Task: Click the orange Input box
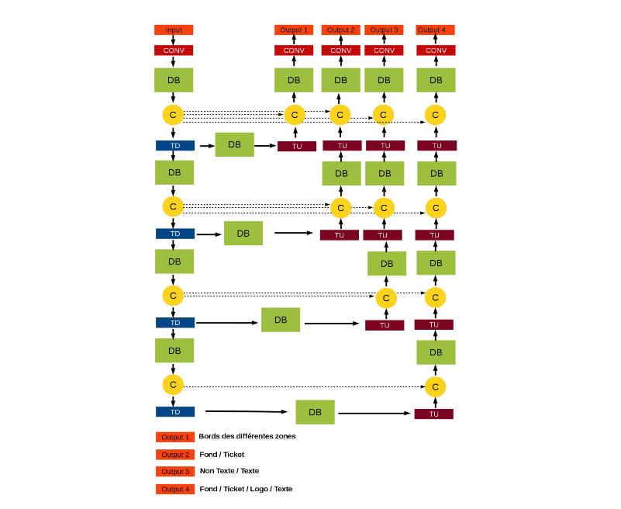173,30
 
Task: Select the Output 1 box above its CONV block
293,30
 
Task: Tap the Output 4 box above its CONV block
435,30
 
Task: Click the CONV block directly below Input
173,50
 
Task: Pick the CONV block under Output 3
383,50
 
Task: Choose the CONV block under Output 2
340,50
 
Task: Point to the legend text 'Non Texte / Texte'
229,471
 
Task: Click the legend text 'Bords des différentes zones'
247,436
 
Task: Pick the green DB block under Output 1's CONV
294,80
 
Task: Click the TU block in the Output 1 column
296,146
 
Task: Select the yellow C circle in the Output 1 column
294,115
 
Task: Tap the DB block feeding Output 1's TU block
234,144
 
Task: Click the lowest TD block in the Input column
174,412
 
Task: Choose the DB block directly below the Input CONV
174,80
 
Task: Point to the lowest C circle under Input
173,384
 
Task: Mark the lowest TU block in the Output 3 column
385,325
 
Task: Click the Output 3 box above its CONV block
383,30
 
